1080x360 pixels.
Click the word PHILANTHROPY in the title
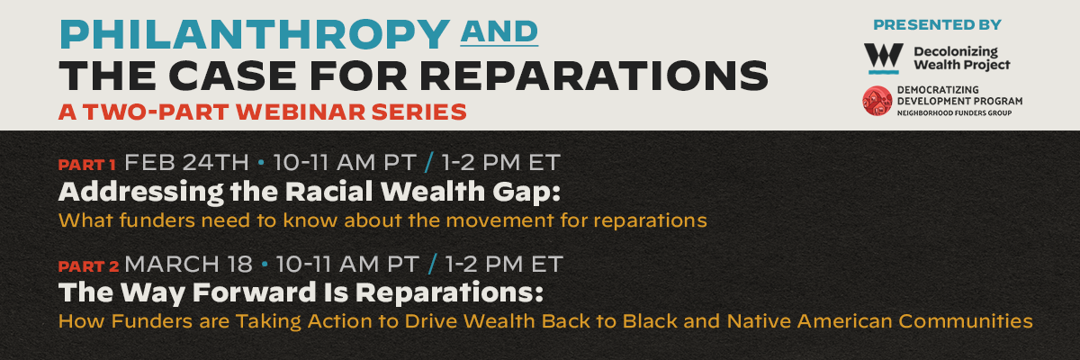tap(255, 35)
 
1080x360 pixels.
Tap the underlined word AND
tap(499, 31)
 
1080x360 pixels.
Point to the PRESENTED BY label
tap(937, 24)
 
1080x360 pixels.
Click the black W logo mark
tap(883, 58)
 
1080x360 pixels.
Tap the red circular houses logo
tap(877, 101)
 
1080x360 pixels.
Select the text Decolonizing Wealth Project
tap(961, 58)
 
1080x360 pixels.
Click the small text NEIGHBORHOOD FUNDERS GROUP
tap(954, 113)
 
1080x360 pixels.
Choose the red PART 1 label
tap(87, 166)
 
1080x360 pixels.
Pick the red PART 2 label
tap(89, 266)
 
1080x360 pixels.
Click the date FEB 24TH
tap(186, 162)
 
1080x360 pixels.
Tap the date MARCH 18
tap(188, 264)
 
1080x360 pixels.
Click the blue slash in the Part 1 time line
tap(429, 162)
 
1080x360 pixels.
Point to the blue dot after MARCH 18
tap(265, 265)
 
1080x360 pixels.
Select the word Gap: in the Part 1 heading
tap(526, 193)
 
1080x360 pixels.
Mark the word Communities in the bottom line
tap(965, 321)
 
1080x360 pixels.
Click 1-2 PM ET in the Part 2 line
tap(504, 264)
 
